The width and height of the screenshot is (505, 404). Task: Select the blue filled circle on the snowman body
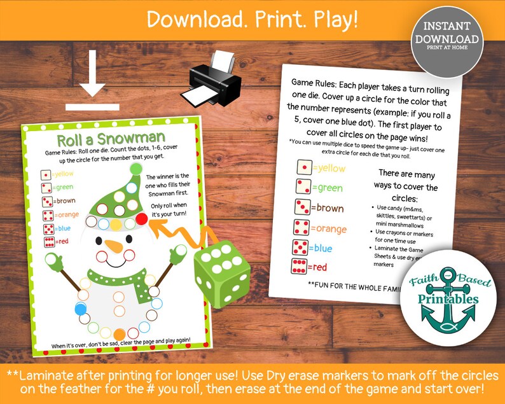click(x=81, y=309)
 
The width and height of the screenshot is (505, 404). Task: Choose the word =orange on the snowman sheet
click(x=67, y=214)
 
